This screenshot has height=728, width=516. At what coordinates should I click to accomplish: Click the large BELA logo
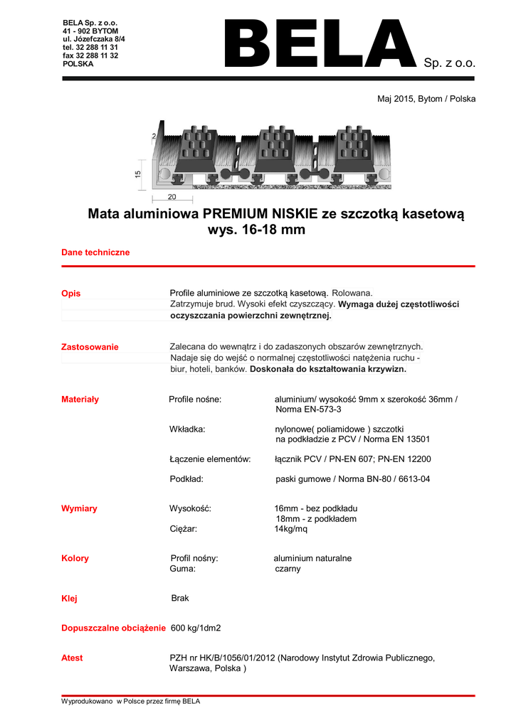[x=319, y=44]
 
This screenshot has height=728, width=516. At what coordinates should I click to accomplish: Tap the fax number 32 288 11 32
[x=90, y=55]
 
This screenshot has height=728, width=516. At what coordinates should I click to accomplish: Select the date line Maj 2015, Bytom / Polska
[x=426, y=99]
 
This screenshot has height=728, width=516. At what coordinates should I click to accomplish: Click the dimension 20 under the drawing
[x=172, y=197]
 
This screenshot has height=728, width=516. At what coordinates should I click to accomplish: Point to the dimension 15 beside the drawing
[x=138, y=173]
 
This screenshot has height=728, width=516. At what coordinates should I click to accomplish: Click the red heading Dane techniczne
[x=95, y=252]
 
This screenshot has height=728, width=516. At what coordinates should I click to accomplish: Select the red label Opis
[x=71, y=294]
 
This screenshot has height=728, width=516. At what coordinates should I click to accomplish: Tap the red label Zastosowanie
[x=90, y=347]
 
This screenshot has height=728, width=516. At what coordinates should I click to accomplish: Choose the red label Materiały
[x=80, y=400]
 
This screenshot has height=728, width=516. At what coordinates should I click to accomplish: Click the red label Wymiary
[x=79, y=508]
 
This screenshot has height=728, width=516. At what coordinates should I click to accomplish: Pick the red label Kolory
[x=75, y=558]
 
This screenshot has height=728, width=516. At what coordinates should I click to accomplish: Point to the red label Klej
[x=69, y=599]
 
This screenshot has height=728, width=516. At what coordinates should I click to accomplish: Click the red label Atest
[x=72, y=658]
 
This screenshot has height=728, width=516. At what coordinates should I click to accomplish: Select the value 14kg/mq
[x=291, y=529]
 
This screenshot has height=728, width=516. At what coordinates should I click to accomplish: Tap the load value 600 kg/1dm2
[x=196, y=628]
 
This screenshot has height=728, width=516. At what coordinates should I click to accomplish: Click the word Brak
[x=180, y=599]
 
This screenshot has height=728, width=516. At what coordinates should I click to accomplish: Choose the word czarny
[x=288, y=569]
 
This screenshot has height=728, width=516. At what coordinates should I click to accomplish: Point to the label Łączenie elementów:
[x=210, y=459]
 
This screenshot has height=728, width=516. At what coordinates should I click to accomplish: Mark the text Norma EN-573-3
[x=308, y=410]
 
